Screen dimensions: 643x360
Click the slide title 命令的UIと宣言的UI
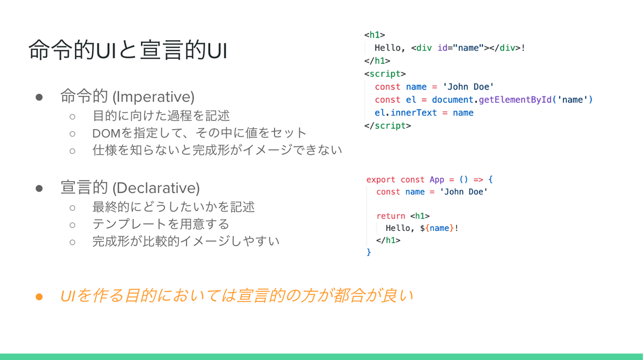pyautogui.click(x=128, y=50)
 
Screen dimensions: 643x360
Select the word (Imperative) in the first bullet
pyautogui.click(x=153, y=97)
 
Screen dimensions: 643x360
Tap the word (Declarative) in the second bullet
pyautogui.click(x=156, y=188)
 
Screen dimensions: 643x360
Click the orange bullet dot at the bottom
pyautogui.click(x=39, y=297)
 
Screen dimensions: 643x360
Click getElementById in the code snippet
pyautogui.click(x=515, y=100)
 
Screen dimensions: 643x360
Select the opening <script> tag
pyautogui.click(x=385, y=74)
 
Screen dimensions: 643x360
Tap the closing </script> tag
pyautogui.click(x=387, y=126)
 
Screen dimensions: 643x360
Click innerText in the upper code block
pyautogui.click(x=414, y=112)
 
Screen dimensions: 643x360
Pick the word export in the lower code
pyautogui.click(x=380, y=179)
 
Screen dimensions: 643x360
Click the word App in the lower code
pyautogui.click(x=437, y=179)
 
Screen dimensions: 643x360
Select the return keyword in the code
pyautogui.click(x=391, y=216)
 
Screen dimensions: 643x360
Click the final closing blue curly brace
pyautogui.click(x=369, y=252)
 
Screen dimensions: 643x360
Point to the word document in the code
pyautogui.click(x=452, y=100)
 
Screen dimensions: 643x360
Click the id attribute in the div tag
pyautogui.click(x=443, y=48)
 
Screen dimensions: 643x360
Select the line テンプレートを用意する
pyautogui.click(x=160, y=224)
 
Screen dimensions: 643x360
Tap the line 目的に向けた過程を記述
pyautogui.click(x=161, y=116)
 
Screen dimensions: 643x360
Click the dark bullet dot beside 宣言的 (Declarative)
pyautogui.click(x=39, y=189)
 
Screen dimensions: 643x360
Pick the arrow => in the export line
pyautogui.click(x=478, y=179)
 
